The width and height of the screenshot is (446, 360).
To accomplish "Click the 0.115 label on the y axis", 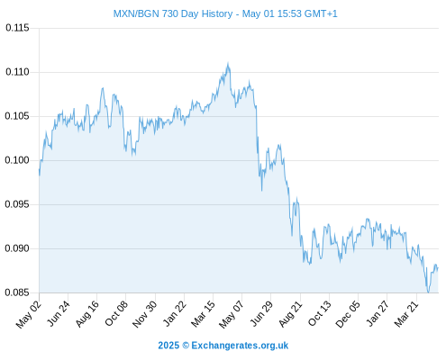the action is pos(17,28).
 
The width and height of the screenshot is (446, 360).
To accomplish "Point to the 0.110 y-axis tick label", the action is pos(17,72).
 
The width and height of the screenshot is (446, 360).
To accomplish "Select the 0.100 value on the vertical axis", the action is pos(17,160).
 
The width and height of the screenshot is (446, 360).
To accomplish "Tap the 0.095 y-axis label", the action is pos(17,204).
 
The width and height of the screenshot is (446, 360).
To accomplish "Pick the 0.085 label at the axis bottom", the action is pos(17,292).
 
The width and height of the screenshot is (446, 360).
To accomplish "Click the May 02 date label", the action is pos(29,314).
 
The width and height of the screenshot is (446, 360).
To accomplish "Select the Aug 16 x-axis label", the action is pos(87,313).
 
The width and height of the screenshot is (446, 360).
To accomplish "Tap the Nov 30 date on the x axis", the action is pos(145,314).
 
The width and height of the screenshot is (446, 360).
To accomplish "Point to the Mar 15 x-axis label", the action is pos(204,314).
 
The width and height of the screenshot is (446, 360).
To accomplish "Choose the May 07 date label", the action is pos(232,314).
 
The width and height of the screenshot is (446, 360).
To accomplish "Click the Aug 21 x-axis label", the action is pos(291,313).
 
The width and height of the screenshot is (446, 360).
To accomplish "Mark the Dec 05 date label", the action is pos(348,314).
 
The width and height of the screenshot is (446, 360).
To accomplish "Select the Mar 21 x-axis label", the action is pos(406,313).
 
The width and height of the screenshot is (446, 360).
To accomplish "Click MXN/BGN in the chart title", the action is pos(136,13).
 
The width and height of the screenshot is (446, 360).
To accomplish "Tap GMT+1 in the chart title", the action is pos(321,13).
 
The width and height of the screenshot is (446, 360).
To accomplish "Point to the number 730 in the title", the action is pos(170,13).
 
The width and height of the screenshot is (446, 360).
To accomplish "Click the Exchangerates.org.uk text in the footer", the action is pos(240,346).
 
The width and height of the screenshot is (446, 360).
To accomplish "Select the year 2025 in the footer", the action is pos(168,346).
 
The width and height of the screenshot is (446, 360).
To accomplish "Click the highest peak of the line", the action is pos(228,63).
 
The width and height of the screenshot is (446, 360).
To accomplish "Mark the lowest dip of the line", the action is pos(428,292).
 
